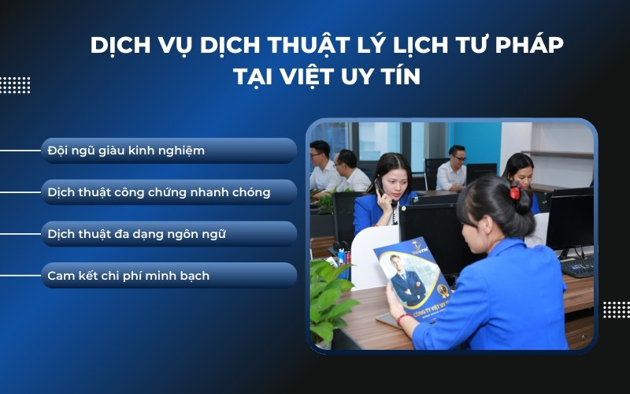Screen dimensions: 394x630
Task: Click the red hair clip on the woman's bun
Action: pyautogui.click(x=515, y=191)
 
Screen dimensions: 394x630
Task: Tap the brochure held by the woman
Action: pyautogui.click(x=413, y=276)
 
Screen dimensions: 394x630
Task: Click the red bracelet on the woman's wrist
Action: pyautogui.click(x=403, y=319)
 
